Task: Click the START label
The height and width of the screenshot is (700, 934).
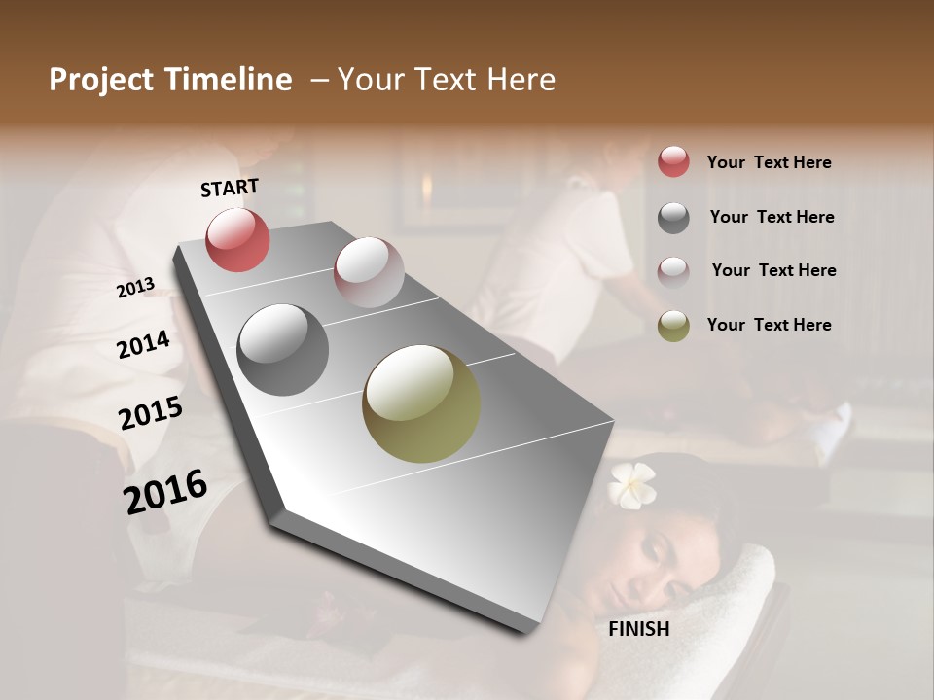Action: pyautogui.click(x=230, y=188)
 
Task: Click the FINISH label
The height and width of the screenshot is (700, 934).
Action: pyautogui.click(x=639, y=629)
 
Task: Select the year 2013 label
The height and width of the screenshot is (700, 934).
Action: pyautogui.click(x=135, y=287)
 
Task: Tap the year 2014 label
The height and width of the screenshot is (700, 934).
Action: pyautogui.click(x=143, y=344)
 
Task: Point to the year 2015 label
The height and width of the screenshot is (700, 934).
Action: pyautogui.click(x=151, y=413)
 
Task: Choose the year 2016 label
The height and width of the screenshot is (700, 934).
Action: pyautogui.click(x=165, y=491)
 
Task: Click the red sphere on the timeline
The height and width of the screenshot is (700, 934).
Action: pyautogui.click(x=237, y=239)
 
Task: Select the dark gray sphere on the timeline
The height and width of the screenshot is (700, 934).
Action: pyautogui.click(x=282, y=350)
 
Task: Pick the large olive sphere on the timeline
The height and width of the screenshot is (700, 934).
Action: pyautogui.click(x=421, y=403)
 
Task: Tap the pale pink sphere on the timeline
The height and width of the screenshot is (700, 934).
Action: pyautogui.click(x=369, y=272)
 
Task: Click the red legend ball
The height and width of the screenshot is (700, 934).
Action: pyautogui.click(x=673, y=161)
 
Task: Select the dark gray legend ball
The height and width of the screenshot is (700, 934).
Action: pyautogui.click(x=673, y=218)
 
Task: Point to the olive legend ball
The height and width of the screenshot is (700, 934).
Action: pyautogui.click(x=673, y=326)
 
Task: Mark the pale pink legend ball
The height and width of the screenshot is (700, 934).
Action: pyautogui.click(x=673, y=271)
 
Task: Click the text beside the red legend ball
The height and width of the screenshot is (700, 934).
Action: pyautogui.click(x=769, y=162)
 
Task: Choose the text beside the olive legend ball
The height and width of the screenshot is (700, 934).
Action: pyautogui.click(x=769, y=325)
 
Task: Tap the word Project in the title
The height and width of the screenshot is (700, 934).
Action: pyautogui.click(x=101, y=80)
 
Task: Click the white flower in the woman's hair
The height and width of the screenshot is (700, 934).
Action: pyautogui.click(x=632, y=483)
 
